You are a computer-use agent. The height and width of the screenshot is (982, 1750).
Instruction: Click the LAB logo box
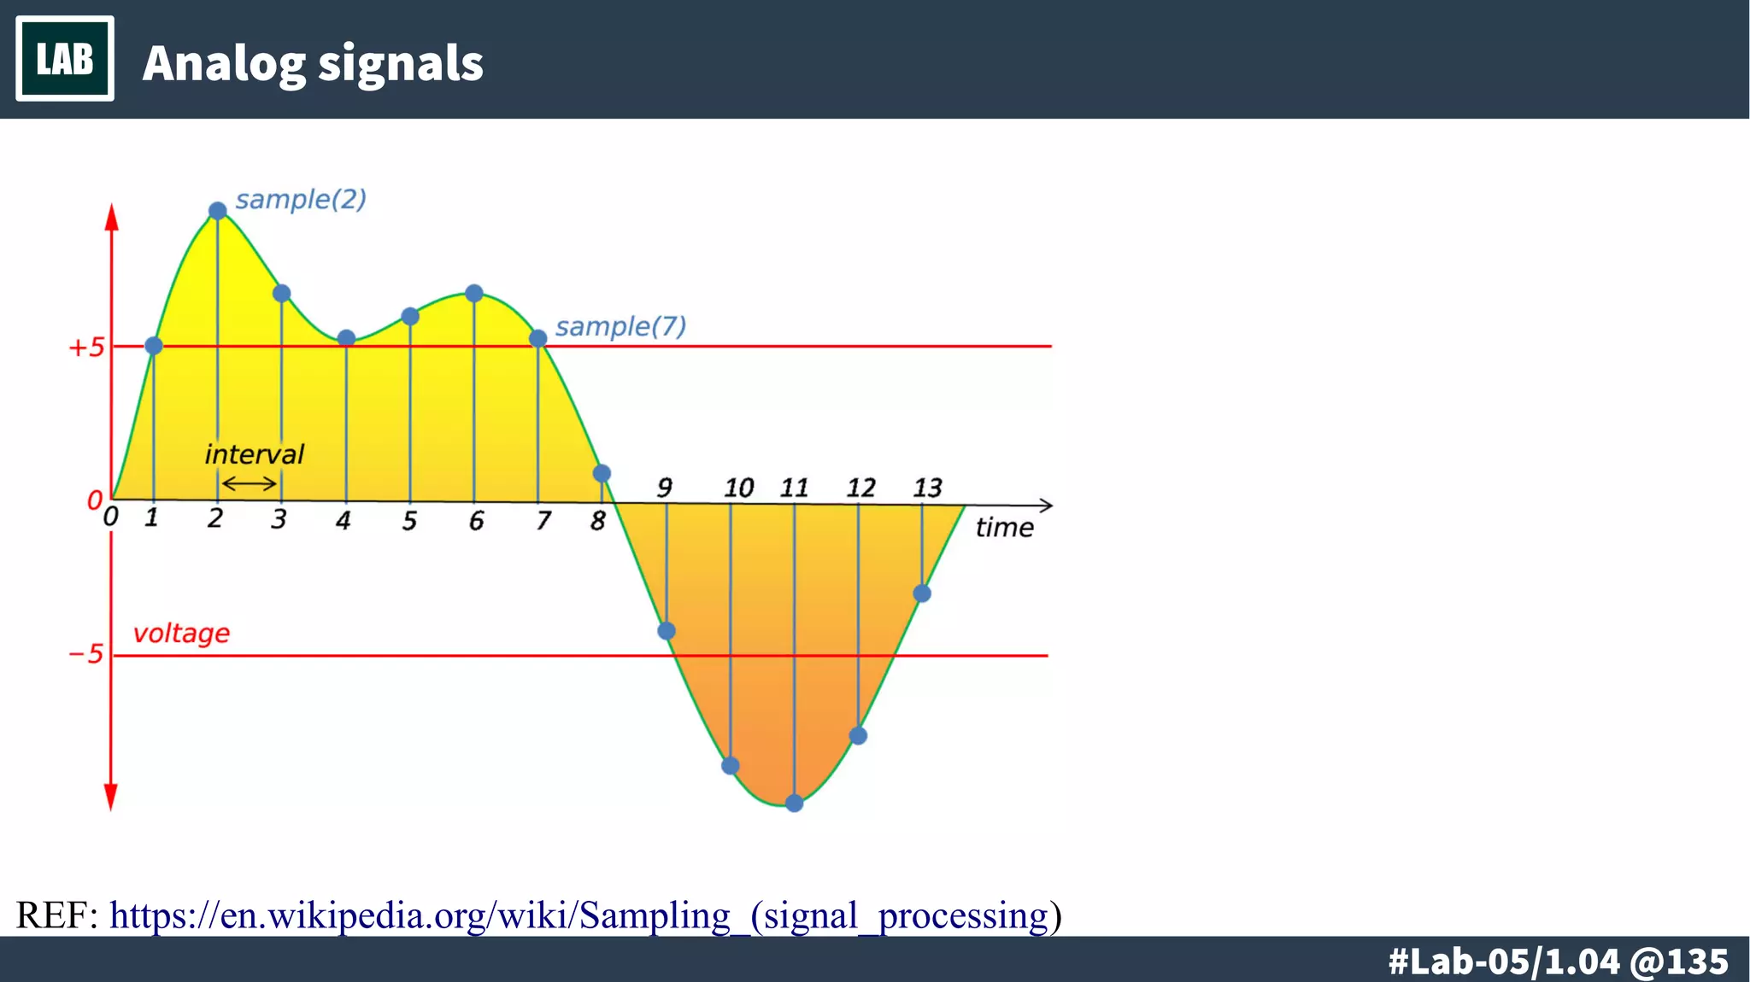click(65, 59)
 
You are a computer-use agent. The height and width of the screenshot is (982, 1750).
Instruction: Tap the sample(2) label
click(301, 199)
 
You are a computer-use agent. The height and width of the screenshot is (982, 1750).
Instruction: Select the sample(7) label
click(620, 326)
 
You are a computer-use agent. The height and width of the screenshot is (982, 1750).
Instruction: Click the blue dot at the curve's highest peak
click(218, 211)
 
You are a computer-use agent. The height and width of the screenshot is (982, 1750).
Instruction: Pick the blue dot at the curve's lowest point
click(794, 803)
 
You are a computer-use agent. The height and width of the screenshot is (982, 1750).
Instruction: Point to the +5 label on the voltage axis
click(86, 348)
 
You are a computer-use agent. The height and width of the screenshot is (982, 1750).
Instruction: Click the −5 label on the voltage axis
click(85, 655)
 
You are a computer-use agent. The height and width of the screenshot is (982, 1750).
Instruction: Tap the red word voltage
click(181, 634)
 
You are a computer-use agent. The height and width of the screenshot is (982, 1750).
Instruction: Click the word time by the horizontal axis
click(1004, 528)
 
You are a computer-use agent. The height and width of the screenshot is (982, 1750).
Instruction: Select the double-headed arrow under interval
click(249, 484)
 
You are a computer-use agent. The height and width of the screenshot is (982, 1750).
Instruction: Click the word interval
click(254, 454)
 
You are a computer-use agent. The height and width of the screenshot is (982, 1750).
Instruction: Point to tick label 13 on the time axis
click(927, 488)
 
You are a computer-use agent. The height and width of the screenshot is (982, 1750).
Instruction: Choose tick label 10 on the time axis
click(738, 488)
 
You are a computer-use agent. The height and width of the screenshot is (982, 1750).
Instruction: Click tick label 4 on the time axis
click(343, 520)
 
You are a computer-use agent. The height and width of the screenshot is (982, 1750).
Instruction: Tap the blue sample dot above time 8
click(602, 473)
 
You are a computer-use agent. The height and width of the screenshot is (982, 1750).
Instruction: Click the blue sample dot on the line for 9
click(667, 631)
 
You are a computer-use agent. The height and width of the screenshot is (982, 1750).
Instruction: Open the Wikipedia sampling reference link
click(585, 915)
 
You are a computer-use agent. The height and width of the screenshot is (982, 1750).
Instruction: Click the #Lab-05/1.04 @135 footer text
click(1558, 962)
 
